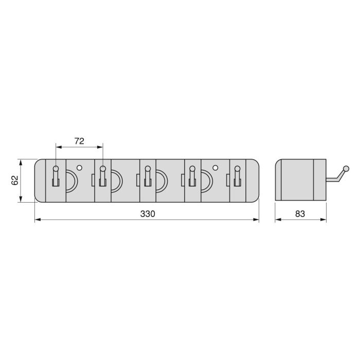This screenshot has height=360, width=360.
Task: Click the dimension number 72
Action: pyautogui.click(x=79, y=140)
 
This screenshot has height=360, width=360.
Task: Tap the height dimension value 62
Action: pyautogui.click(x=14, y=181)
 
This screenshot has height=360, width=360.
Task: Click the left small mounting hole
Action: pyautogui.click(x=79, y=168)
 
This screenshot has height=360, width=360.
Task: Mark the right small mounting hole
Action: pyautogui.click(x=215, y=168)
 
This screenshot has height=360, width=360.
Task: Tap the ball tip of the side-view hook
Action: pyautogui.click(x=346, y=169)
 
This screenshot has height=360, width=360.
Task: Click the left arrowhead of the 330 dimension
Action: pyautogui.click(x=37, y=220)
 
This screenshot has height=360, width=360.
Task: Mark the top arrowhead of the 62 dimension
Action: pyautogui.click(x=21, y=162)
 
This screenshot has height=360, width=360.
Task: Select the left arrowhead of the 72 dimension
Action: pyautogui.click(x=58, y=148)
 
